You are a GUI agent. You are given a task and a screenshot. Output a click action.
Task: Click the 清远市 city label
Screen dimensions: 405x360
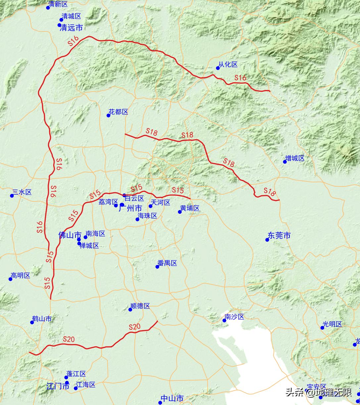(71, 28)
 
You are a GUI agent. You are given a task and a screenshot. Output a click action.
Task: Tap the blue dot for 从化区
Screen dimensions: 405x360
(218, 68)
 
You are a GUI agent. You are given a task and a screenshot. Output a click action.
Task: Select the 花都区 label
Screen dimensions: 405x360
(118, 112)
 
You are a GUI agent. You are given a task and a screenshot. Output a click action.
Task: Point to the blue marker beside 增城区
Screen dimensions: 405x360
(285, 162)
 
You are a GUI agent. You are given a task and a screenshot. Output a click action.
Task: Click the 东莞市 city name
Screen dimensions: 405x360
(279, 236)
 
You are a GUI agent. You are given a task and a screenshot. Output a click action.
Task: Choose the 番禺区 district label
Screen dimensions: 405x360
(167, 263)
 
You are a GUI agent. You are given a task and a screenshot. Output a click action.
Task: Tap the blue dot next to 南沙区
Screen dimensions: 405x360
(224, 320)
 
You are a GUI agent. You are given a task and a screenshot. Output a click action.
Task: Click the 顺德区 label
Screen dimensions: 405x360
(140, 306)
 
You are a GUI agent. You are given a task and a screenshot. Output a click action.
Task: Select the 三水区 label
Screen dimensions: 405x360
(22, 192)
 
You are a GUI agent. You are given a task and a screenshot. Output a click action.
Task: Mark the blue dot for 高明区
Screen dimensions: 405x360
(11, 279)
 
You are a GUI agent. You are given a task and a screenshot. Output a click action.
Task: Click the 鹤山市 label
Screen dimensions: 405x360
(42, 319)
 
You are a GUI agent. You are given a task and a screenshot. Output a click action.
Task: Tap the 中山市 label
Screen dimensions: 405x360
(172, 398)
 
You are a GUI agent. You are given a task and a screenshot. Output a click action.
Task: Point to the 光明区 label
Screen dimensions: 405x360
(332, 324)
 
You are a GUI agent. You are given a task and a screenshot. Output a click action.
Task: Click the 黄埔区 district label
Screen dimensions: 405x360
(190, 208)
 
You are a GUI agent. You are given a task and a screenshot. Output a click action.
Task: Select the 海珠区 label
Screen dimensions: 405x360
(147, 216)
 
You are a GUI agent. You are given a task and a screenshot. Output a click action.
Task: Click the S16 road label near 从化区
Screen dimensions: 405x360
(240, 78)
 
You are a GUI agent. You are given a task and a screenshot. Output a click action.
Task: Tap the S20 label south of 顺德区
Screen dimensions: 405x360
(135, 327)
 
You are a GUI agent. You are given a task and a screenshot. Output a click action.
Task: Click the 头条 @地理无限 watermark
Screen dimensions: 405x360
(318, 393)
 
